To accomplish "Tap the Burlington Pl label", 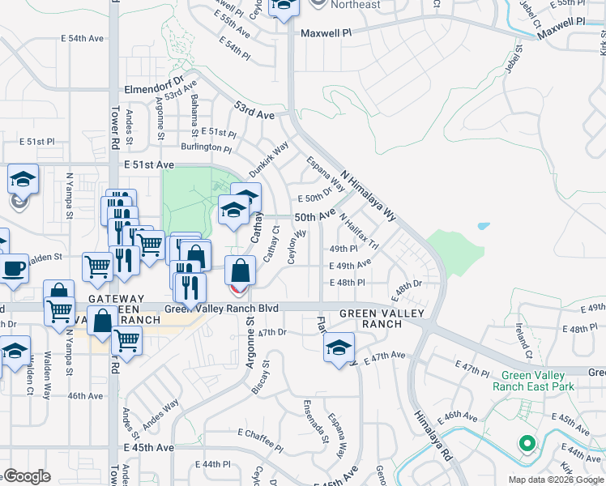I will (206, 147).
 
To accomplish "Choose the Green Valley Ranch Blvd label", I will (221, 309).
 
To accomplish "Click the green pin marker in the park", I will (527, 444).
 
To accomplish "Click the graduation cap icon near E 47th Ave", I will (339, 348).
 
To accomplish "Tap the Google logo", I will (28, 476).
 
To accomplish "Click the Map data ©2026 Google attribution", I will (555, 480).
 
